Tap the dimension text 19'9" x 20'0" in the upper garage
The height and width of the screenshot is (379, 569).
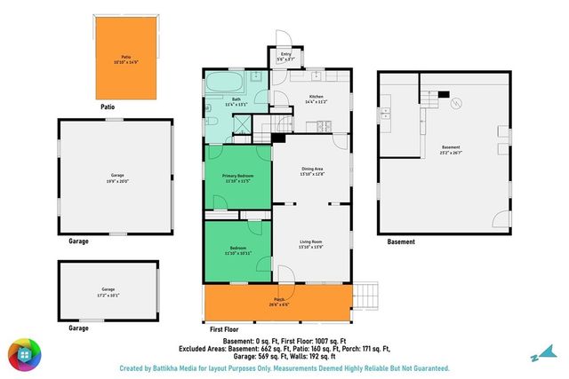(x=118, y=182)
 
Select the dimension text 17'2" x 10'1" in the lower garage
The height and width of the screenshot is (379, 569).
(x=108, y=295)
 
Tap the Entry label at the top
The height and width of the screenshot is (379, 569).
(x=286, y=54)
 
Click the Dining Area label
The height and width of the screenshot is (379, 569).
(x=311, y=169)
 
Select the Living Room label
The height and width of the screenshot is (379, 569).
(x=311, y=242)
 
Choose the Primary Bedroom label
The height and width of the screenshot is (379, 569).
(x=238, y=177)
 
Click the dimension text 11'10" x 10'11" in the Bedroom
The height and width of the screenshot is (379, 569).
(x=238, y=254)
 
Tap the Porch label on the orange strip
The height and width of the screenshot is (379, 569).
(x=278, y=300)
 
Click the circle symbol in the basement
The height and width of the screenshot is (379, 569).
(x=457, y=104)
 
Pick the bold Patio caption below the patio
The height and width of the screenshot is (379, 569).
(x=108, y=107)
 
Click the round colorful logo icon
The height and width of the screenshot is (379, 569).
(x=26, y=355)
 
